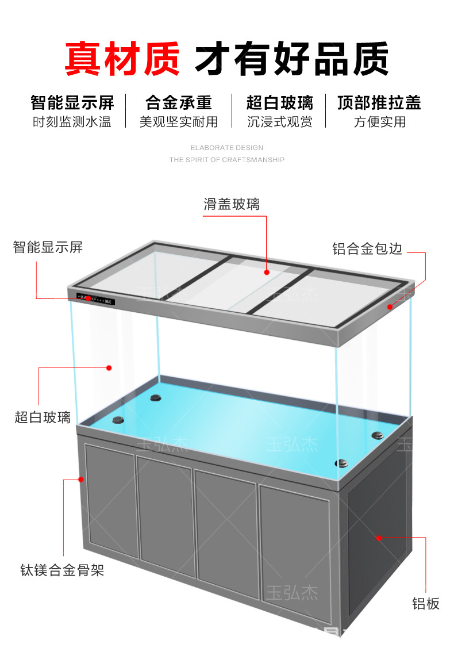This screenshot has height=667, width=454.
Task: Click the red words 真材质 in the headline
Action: click(122, 58)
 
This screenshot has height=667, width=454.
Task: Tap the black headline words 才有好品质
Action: click(292, 58)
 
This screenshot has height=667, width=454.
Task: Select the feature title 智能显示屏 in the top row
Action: click(72, 103)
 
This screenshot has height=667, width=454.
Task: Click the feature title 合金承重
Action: click(179, 103)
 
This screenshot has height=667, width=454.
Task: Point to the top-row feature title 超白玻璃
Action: click(280, 103)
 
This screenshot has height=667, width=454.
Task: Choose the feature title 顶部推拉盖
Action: click(379, 103)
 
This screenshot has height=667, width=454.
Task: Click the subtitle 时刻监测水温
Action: click(72, 122)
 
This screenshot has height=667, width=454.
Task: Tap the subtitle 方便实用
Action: click(379, 122)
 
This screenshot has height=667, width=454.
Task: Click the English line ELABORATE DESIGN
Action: click(227, 148)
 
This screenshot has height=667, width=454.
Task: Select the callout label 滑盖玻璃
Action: click(232, 204)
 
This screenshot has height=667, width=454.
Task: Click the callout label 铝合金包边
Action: click(367, 249)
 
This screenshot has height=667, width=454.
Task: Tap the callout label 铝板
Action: click(426, 603)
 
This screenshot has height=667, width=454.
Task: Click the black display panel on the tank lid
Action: click(97, 300)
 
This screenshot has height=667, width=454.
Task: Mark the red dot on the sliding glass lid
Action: click(267, 272)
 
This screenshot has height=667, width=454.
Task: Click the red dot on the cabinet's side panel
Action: click(379, 538)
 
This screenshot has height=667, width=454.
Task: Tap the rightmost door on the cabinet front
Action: click(294, 539)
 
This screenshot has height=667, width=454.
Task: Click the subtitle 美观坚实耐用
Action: click(179, 122)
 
